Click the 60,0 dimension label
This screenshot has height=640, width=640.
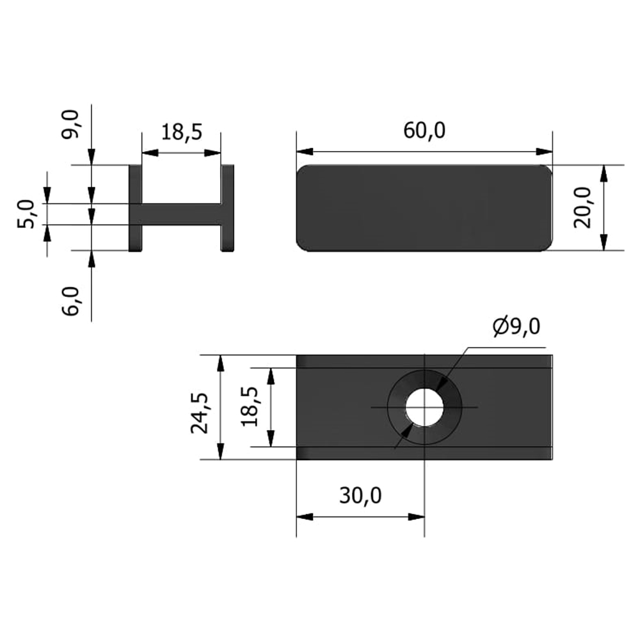(424, 131)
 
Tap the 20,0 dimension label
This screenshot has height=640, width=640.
(582, 207)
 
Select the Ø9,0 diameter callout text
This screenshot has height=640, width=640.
(516, 327)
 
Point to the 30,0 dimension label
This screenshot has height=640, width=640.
(360, 495)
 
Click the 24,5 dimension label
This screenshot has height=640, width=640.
(200, 413)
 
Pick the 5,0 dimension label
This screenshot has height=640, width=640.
(26, 214)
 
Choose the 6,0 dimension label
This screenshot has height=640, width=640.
(70, 301)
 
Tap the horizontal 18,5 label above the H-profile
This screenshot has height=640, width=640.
(182, 132)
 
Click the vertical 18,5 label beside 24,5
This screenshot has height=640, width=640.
(250, 406)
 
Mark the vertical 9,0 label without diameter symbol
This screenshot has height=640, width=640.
(70, 125)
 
